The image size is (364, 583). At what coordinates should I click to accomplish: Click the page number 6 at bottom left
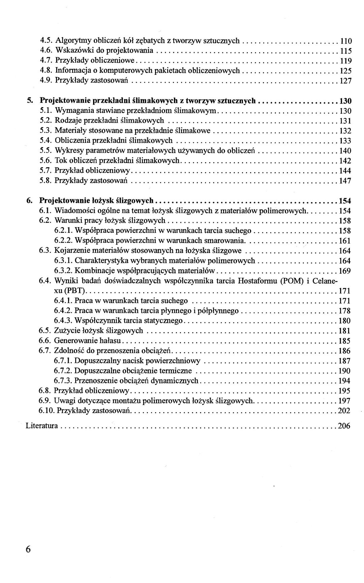(x=28, y=549)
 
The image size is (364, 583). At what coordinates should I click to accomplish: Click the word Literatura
(x=42, y=426)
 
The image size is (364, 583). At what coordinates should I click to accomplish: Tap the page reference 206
(x=344, y=426)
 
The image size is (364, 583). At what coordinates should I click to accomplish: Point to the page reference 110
(x=346, y=41)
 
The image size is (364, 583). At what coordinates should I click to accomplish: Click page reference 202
(x=344, y=411)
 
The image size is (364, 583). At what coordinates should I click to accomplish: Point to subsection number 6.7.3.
(x=63, y=381)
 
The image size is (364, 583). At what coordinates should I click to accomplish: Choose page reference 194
(x=344, y=381)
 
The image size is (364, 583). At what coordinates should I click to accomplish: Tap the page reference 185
(x=344, y=341)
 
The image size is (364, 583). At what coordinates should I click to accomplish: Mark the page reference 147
(x=345, y=181)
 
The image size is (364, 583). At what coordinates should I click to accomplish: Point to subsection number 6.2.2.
(x=63, y=241)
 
